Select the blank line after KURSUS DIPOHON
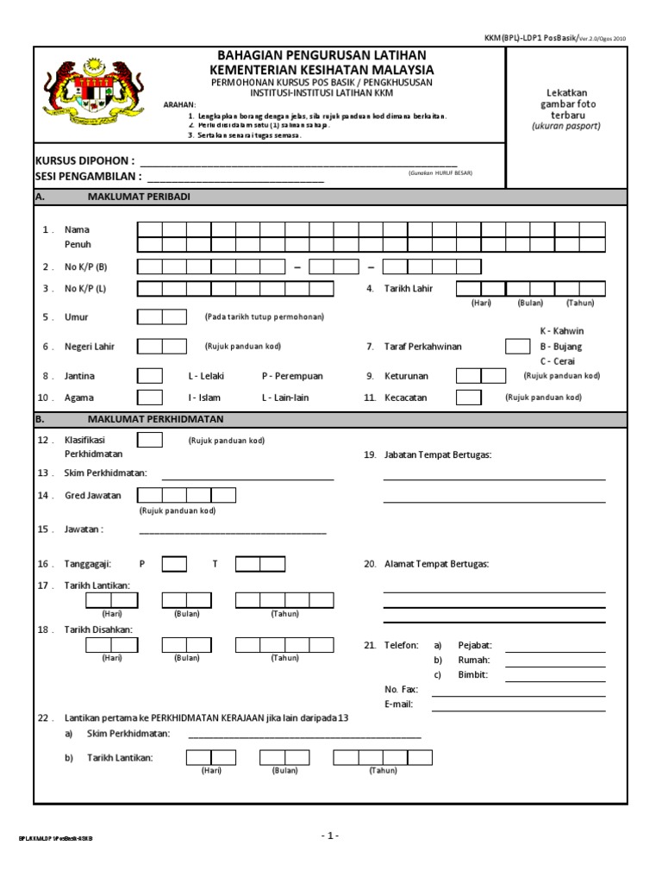click(298, 161)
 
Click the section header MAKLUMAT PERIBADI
click(139, 197)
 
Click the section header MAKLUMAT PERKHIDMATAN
click(155, 419)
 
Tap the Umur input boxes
click(161, 317)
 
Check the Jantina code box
click(149, 376)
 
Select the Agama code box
click(149, 398)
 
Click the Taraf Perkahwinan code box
click(517, 346)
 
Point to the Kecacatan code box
click(468, 398)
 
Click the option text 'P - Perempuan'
click(291, 377)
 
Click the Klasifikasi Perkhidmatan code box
click(149, 440)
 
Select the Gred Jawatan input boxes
click(186, 495)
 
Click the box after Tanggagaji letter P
click(174, 564)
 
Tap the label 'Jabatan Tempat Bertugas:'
click(438, 454)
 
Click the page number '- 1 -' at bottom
click(330, 836)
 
